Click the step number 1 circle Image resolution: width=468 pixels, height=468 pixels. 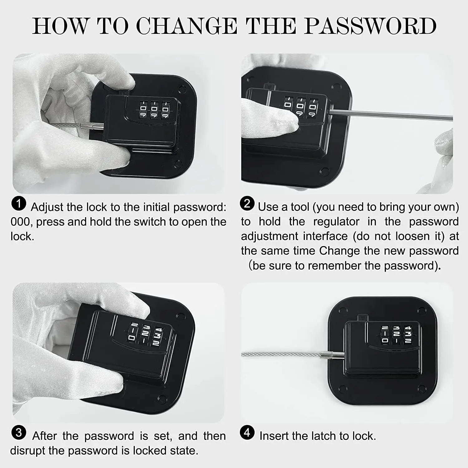point(19,204)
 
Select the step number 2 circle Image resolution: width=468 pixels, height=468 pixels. point(247,203)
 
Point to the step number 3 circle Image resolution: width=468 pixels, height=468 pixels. point(19,433)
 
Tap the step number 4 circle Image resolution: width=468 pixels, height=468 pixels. point(247,433)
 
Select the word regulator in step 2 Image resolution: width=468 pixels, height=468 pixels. point(336,222)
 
